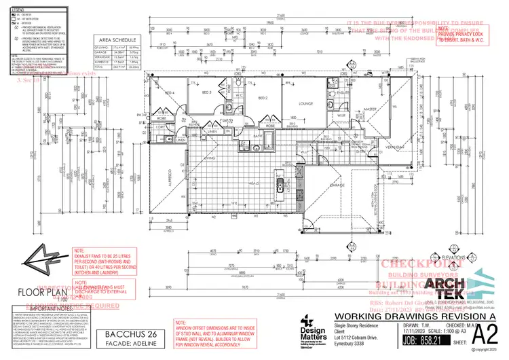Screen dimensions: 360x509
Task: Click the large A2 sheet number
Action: click(x=481, y=336)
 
